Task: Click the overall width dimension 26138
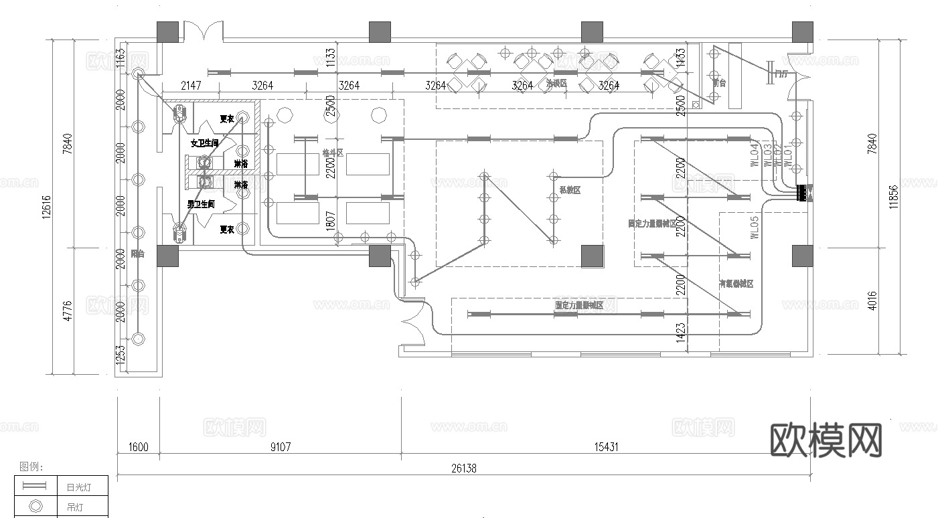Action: pyautogui.click(x=463, y=468)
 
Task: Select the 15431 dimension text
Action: pyautogui.click(x=606, y=447)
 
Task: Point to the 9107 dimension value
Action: pyautogui.click(x=280, y=447)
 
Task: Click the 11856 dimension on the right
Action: pyautogui.click(x=894, y=197)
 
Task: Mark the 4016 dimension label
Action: pyautogui.click(x=872, y=300)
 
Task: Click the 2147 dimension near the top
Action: pyautogui.click(x=191, y=86)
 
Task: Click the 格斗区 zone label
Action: pyautogui.click(x=332, y=153)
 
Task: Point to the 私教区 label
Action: pyautogui.click(x=570, y=190)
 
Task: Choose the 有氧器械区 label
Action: pyautogui.click(x=736, y=284)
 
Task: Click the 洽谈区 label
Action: pyautogui.click(x=556, y=84)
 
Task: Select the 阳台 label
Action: pyautogui.click(x=137, y=254)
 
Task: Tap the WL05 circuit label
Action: pyautogui.click(x=755, y=228)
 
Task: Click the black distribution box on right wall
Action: pyautogui.click(x=803, y=193)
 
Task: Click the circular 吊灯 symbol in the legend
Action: pyautogui.click(x=36, y=507)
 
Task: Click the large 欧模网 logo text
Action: pyautogui.click(x=826, y=440)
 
